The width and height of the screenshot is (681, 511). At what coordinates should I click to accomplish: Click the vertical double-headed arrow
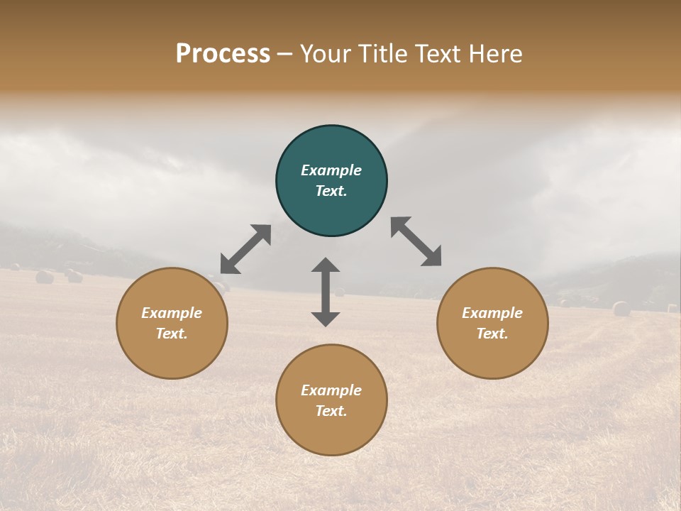[x=326, y=292]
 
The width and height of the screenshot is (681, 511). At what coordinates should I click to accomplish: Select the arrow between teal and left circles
[x=245, y=249]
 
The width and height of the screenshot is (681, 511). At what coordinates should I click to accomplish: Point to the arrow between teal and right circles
[x=416, y=241]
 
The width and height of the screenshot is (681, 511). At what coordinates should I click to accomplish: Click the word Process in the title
[x=223, y=53]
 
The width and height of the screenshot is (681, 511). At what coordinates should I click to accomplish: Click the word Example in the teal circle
[x=331, y=170]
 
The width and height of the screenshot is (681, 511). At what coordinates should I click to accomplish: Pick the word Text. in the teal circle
[x=331, y=191]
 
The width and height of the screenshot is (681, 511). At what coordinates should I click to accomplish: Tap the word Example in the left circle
[x=172, y=313]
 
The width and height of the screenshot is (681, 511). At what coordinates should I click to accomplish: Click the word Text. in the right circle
[x=492, y=334]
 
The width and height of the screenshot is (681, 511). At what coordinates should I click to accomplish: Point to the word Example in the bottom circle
[x=331, y=390]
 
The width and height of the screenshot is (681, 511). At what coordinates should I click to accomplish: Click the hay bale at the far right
[x=621, y=309]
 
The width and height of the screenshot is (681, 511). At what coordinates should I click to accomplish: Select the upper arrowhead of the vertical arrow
[x=326, y=265]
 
